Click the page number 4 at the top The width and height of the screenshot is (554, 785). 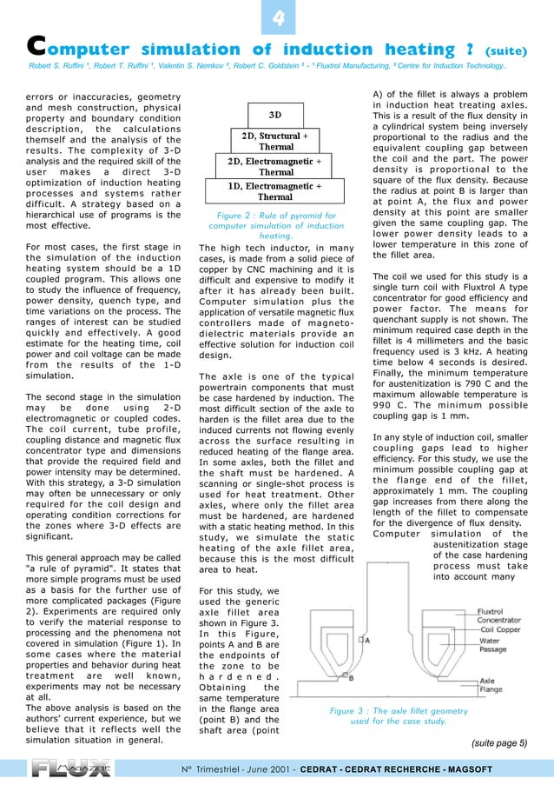[277, 18]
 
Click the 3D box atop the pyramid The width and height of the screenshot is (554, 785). [274, 114]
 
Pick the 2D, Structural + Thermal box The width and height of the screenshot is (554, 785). [274, 141]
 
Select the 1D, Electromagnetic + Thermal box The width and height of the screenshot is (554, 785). [274, 191]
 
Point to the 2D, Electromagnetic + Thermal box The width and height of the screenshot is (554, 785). [274, 166]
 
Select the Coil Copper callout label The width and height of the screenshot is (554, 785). [503, 629]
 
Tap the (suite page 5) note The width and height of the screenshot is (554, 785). [498, 743]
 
